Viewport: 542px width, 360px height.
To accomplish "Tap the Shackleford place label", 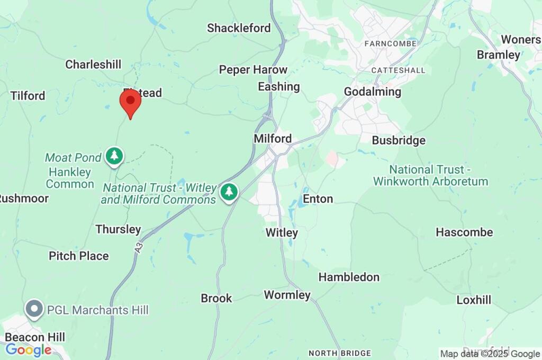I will pos(239,28).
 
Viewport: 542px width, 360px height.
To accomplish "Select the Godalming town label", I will pos(373,92).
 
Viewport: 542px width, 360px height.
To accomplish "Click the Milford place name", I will pos(273,139).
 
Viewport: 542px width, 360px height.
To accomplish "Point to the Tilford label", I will pos(28,96).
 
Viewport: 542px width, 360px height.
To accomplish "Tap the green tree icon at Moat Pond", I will pos(114,156).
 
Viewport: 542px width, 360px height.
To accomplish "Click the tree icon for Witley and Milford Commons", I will pos(229,191).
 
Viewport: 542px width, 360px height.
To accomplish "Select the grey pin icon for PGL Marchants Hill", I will pos(35,310).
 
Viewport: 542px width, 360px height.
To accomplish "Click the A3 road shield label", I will pos(139,246).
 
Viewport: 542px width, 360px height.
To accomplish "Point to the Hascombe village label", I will pos(464,232).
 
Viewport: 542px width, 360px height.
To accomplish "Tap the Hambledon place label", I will pos(349,277).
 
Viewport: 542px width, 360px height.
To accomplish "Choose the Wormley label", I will pos(287,295).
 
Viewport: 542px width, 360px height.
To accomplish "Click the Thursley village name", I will pos(118,229).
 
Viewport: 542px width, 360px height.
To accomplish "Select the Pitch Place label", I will pos(79,256).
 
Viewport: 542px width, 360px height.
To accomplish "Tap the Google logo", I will pos(28,350).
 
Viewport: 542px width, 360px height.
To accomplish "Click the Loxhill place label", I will pos(474,300).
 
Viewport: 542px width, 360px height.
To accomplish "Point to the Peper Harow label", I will pos(253,70).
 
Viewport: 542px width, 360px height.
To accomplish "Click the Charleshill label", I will pos(93,65).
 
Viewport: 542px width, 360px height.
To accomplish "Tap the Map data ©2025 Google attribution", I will pos(490,354).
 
